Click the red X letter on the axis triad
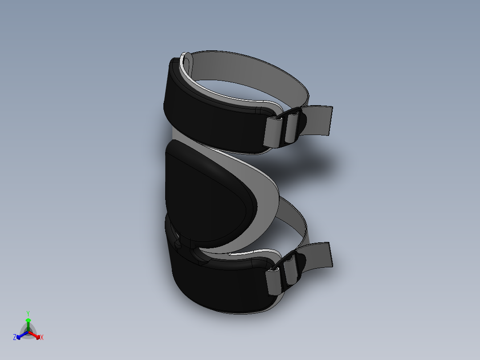pos(42,337)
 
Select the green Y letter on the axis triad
pos(28,313)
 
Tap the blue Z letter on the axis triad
pos(15,337)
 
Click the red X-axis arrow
pos(36,335)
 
